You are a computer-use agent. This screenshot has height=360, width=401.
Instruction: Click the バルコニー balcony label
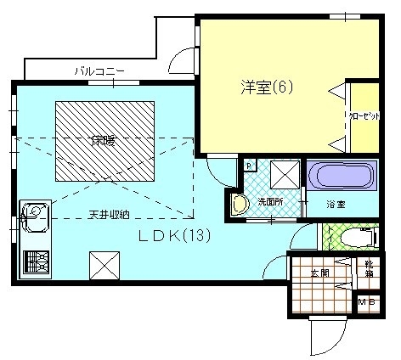[x=99, y=70]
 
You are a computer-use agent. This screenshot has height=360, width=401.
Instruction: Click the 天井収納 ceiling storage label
[x=109, y=213]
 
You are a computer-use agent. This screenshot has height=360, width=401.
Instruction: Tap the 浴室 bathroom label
[x=337, y=205]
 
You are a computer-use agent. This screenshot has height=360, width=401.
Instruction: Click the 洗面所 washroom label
[x=271, y=202]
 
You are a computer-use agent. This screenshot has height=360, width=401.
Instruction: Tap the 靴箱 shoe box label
[x=369, y=270]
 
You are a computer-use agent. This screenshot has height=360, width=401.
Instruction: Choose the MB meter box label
[x=368, y=301]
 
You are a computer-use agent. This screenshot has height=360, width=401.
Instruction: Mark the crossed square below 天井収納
[x=103, y=266]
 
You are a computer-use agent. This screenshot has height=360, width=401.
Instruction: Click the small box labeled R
[x=249, y=166]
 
